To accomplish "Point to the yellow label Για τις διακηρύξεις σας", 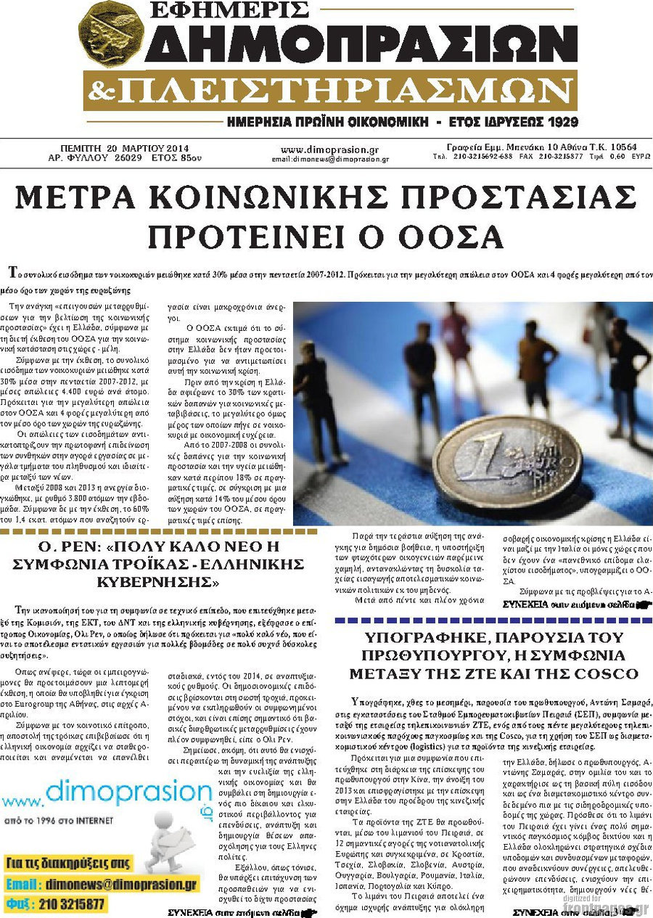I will pyautogui.click(x=68, y=864).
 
